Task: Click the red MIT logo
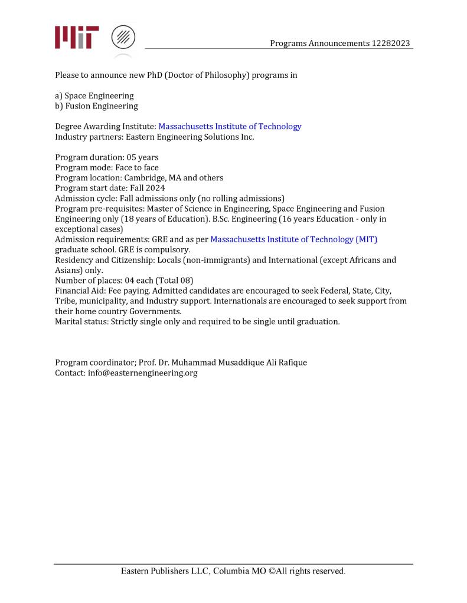77,37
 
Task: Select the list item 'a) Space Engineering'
94,95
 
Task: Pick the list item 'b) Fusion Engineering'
96,106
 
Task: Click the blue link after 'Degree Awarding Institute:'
230,126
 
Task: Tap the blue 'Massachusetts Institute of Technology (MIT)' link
293,239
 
